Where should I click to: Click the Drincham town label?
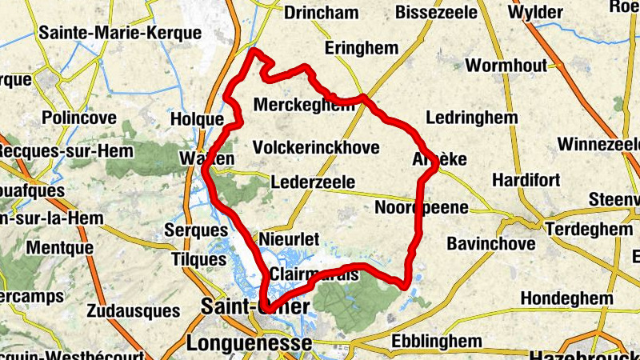[321, 13]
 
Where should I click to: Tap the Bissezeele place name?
[436, 13]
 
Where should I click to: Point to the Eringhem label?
[361, 49]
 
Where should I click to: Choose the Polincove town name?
[78, 118]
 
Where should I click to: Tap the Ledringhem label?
[472, 118]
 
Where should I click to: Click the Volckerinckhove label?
[315, 148]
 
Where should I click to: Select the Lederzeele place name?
[313, 182]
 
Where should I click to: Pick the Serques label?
[196, 230]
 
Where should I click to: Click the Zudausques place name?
[133, 310]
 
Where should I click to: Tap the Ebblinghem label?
[437, 342]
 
